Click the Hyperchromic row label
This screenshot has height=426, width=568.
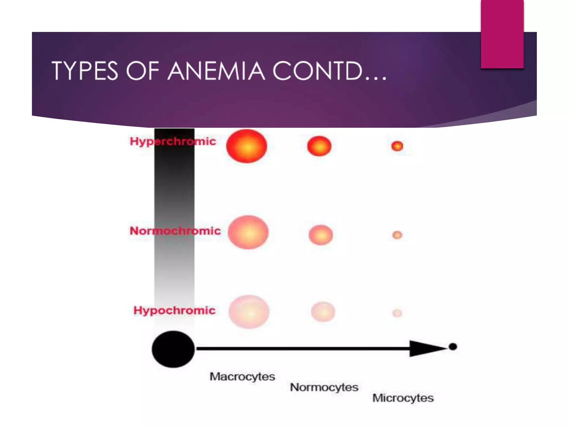[173, 141]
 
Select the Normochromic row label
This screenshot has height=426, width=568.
[175, 231]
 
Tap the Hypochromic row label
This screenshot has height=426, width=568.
[174, 310]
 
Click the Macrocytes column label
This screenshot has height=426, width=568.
[242, 377]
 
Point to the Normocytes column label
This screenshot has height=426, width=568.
[324, 387]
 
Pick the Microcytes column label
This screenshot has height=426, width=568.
[403, 398]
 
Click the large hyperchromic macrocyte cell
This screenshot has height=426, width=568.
[247, 146]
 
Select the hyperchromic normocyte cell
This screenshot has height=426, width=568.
[319, 146]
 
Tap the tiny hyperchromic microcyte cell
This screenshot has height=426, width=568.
[397, 146]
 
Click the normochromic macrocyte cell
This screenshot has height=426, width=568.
[248, 232]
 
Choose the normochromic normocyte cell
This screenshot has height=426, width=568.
[321, 235]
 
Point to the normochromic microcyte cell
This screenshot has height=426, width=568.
[397, 235]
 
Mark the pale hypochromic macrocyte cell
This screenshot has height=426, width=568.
[249, 312]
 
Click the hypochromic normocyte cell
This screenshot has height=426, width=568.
[323, 312]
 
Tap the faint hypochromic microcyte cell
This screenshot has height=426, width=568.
[397, 313]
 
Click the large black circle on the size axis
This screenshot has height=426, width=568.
[173, 349]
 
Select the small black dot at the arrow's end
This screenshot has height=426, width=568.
[453, 346]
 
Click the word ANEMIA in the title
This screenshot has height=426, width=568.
[216, 71]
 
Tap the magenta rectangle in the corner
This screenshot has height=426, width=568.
[502, 34]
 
